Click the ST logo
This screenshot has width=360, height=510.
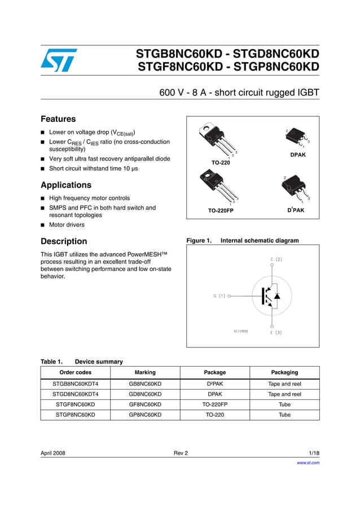coord(59,60)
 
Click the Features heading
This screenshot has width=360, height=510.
coord(58,119)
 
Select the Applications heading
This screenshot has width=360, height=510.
coord(66,185)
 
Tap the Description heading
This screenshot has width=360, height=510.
coord(64,241)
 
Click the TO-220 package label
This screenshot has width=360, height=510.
coord(221,163)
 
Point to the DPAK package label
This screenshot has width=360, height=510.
coord(297,155)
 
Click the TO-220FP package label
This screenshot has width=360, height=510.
coord(221,211)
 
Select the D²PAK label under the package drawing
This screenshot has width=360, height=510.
coord(296,210)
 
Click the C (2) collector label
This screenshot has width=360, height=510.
coord(276,259)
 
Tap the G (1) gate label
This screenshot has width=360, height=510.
coord(219,295)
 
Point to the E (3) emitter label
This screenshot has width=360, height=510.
coord(275,333)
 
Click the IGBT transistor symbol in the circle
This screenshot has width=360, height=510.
coord(269,295)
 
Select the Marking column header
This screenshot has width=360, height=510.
coord(145,373)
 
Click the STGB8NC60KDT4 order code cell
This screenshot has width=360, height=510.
coord(75,384)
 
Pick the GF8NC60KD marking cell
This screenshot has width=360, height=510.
coord(145,404)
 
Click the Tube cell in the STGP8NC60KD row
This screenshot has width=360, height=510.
coord(284,415)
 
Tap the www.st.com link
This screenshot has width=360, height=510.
coord(308,463)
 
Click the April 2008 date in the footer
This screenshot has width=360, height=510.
coord(53,453)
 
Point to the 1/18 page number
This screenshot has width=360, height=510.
coord(314,453)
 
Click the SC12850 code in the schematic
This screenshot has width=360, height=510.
coord(240,331)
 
